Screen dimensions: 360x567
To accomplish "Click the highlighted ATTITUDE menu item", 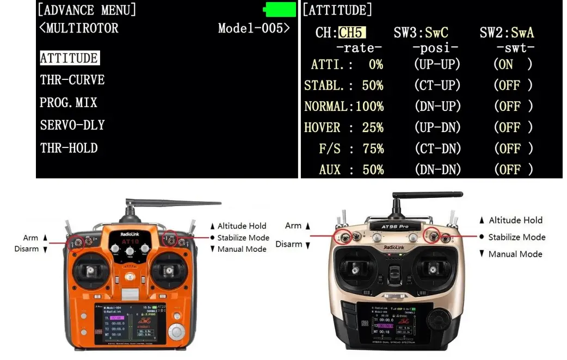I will (69, 58).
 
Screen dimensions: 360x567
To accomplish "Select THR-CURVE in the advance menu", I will (72, 80).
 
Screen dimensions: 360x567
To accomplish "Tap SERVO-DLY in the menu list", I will (72, 125).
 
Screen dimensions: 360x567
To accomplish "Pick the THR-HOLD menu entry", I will (69, 148).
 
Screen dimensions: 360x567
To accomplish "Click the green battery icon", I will (280, 9).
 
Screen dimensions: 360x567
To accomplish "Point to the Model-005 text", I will (254, 28).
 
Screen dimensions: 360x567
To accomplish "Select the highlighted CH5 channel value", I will (352, 33).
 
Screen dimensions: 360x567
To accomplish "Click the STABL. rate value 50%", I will (373, 85).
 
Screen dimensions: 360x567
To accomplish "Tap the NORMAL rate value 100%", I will (369, 107).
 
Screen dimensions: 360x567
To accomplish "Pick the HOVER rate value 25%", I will (373, 128).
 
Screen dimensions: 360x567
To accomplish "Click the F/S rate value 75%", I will (373, 149).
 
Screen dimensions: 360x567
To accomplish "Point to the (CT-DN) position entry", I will (437, 149).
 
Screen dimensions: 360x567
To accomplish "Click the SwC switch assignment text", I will (437, 33).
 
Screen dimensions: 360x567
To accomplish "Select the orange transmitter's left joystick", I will (89, 270).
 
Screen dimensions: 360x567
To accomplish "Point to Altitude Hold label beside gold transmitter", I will (515, 220).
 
